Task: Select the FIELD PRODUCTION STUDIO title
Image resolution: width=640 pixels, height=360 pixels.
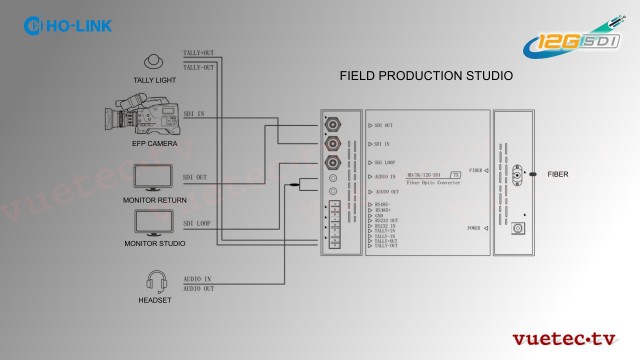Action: click(x=426, y=75)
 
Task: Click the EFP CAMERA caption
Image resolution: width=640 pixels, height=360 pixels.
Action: click(x=155, y=143)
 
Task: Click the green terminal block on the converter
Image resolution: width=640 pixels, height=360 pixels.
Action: click(x=334, y=225)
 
